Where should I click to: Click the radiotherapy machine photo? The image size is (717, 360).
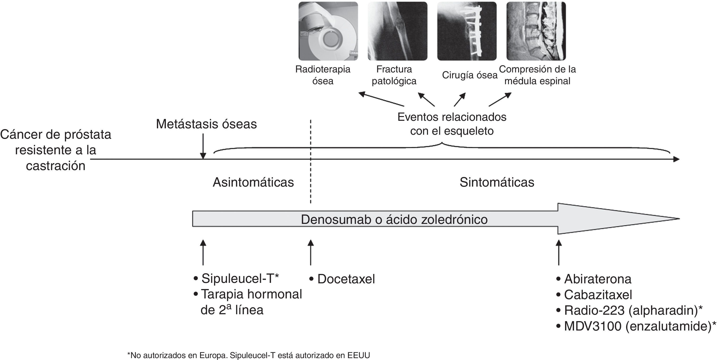(x=328, y=31)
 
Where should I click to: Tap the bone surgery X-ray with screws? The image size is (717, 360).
(x=467, y=31)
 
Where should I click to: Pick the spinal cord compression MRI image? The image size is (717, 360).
(x=536, y=31)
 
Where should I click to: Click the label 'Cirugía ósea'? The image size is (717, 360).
(x=470, y=75)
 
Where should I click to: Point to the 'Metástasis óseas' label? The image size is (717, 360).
(x=206, y=124)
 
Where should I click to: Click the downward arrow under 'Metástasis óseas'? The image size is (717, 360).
(x=203, y=146)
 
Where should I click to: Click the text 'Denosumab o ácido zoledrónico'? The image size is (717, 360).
(x=394, y=219)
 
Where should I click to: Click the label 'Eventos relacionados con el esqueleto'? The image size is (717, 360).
(x=452, y=124)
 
